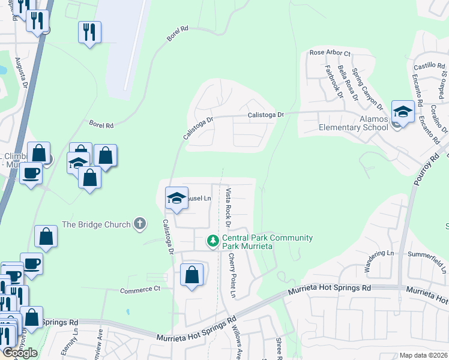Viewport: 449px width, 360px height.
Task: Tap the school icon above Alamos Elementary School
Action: click(403, 112)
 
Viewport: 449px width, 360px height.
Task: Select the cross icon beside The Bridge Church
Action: click(139, 224)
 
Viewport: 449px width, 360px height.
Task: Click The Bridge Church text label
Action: click(96, 224)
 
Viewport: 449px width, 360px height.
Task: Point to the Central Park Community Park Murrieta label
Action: click(267, 242)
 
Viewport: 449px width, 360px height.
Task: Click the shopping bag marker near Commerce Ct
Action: click(191, 276)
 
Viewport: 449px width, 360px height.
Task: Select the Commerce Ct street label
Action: click(140, 289)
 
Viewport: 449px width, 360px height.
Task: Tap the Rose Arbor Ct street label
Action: click(330, 53)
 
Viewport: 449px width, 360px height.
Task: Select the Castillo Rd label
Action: click(427, 64)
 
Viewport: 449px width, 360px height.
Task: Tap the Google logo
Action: click(20, 353)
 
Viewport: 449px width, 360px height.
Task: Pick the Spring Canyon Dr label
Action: click(367, 89)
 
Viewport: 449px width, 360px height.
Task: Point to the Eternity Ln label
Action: click(73, 345)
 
